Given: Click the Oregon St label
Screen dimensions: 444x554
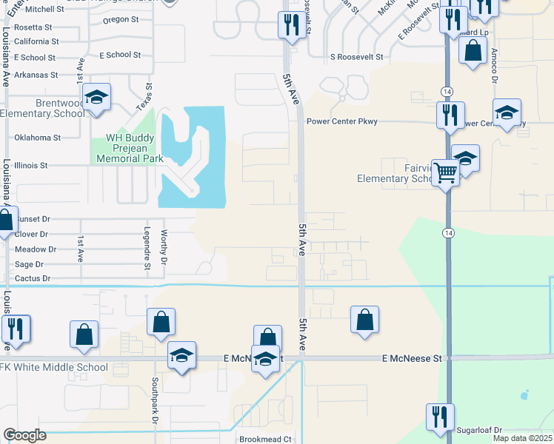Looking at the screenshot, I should pyautogui.click(x=121, y=20).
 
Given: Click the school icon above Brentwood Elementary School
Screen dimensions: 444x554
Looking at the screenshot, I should pyautogui.click(x=96, y=98).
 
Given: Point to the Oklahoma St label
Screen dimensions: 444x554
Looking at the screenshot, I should pyautogui.click(x=37, y=138).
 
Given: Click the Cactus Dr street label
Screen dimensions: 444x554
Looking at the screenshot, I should pyautogui.click(x=33, y=278).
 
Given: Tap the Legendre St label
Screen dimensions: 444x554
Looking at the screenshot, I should pyautogui.click(x=147, y=243).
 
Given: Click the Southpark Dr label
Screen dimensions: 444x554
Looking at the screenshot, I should pyautogui.click(x=155, y=399).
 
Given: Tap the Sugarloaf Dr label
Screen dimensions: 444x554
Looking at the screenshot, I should pyautogui.click(x=480, y=430).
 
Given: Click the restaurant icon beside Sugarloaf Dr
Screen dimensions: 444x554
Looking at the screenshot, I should pyautogui.click(x=440, y=415).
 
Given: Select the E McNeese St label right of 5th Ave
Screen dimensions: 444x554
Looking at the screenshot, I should pyautogui.click(x=411, y=358).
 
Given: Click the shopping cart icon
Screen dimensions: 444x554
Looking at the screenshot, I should pyautogui.click(x=445, y=172).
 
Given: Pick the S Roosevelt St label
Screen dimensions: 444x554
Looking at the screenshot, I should pyautogui.click(x=356, y=56).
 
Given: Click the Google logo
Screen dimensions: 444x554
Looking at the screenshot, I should pyautogui.click(x=24, y=435).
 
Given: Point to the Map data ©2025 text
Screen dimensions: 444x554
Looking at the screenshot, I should pyautogui.click(x=522, y=438).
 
